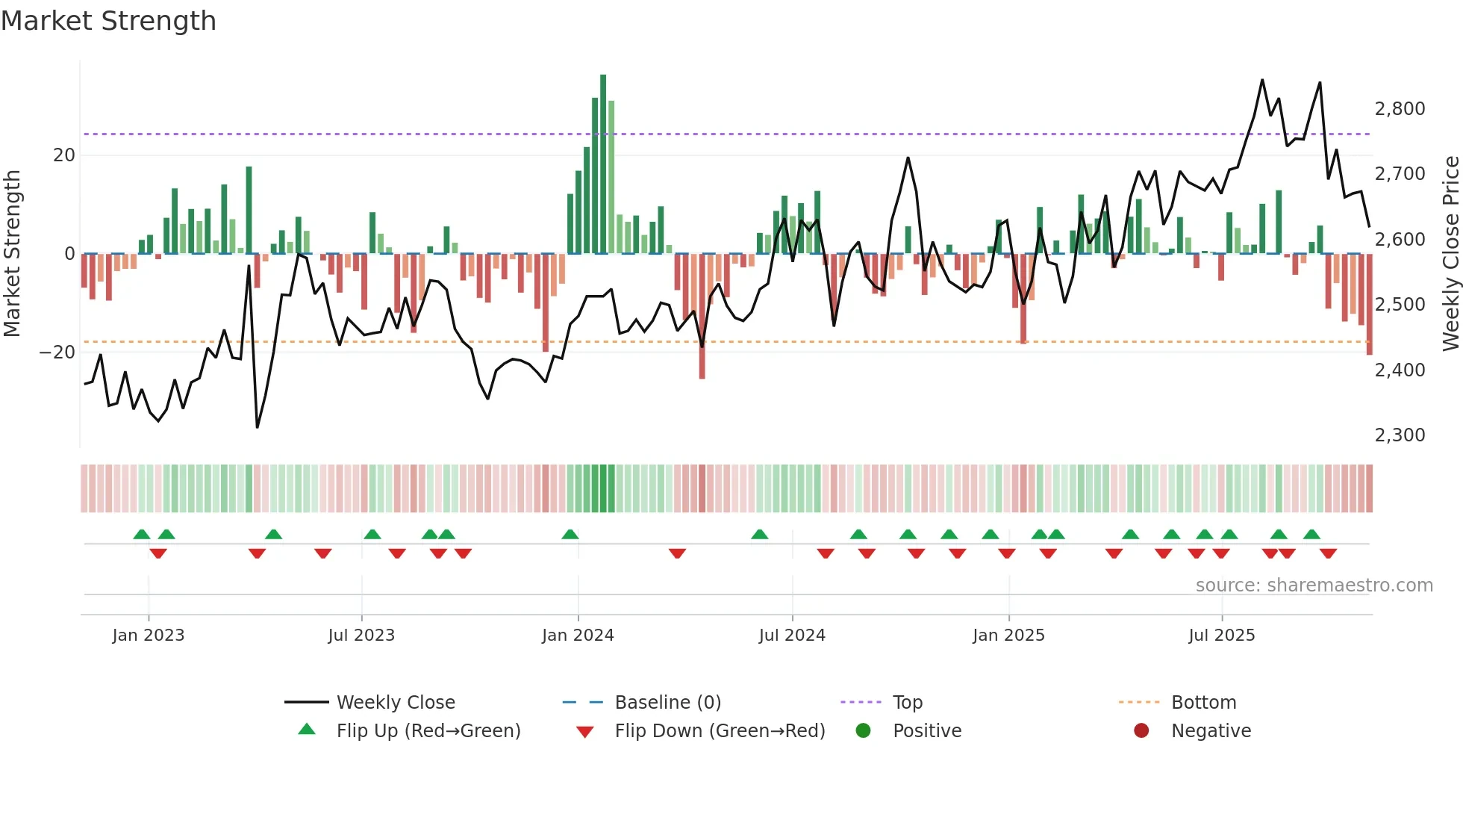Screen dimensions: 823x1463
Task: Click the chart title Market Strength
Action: point(108,21)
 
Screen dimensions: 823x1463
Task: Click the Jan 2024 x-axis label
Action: point(578,636)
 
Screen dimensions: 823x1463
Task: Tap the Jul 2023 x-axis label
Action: point(361,636)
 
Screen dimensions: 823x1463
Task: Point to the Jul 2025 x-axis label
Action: point(1222,636)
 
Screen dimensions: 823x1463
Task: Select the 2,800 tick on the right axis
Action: point(1400,109)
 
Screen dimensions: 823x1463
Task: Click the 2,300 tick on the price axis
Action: point(1400,435)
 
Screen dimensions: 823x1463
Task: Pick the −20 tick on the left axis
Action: point(57,353)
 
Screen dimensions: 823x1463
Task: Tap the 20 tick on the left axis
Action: point(64,155)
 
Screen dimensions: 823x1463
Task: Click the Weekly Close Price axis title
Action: point(1450,254)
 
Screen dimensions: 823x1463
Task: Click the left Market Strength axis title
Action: point(13,254)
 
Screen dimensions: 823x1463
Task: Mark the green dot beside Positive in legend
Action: point(864,731)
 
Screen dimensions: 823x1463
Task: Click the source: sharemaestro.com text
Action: point(1314,586)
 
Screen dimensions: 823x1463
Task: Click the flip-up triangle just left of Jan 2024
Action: point(570,535)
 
